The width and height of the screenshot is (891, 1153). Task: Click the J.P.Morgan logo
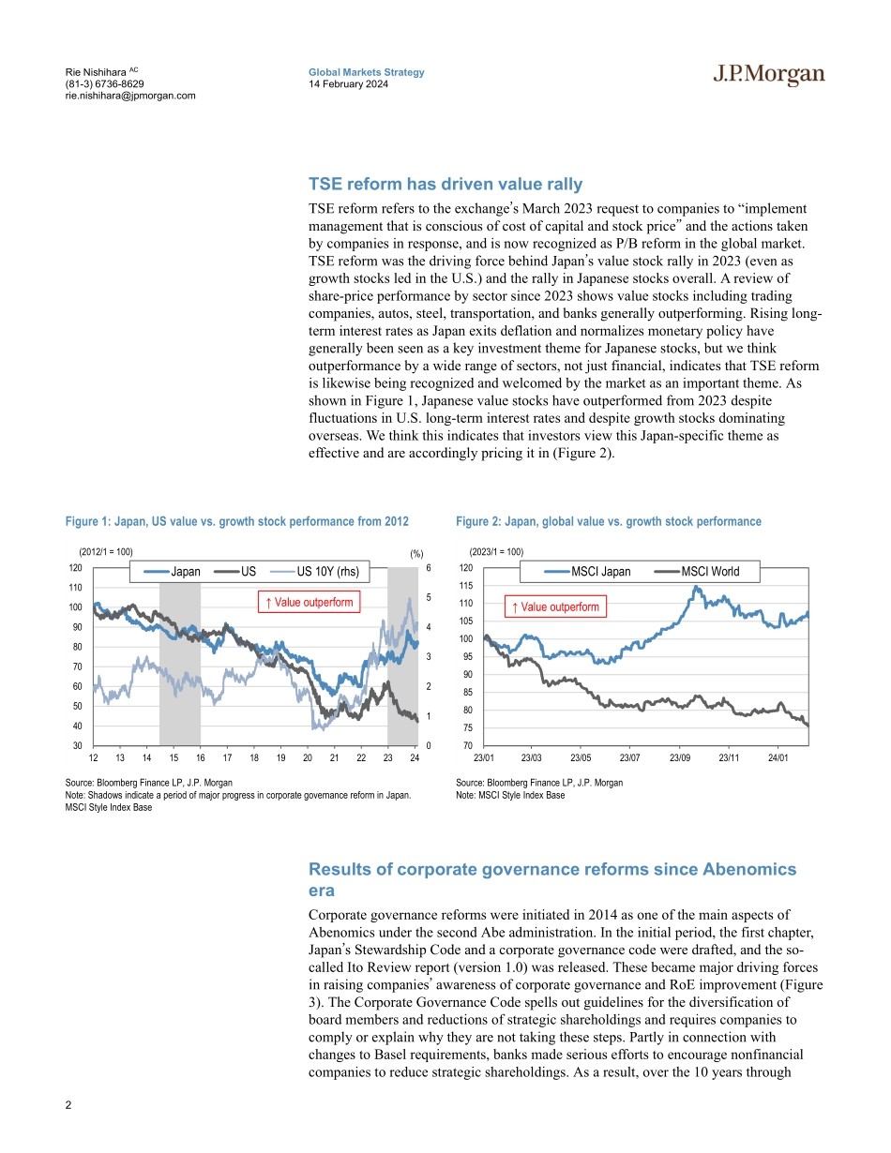[x=768, y=76]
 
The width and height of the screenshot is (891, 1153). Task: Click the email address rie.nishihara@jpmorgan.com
[x=130, y=96]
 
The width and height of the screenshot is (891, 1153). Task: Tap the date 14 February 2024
[x=349, y=84]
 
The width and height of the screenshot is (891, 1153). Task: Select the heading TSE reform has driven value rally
[x=445, y=185]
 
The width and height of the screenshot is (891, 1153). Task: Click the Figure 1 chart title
[x=237, y=521]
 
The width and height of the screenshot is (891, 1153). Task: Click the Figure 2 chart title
[x=609, y=521]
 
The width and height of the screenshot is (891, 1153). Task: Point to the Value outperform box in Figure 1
[x=309, y=602]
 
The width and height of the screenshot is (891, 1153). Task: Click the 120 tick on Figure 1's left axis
[x=73, y=568]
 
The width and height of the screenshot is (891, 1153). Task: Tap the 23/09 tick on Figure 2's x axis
[x=679, y=757]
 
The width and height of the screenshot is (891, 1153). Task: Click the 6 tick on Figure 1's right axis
[x=428, y=568]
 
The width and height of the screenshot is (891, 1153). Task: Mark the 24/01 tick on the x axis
[x=778, y=757]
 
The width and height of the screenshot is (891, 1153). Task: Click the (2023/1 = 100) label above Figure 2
[x=496, y=552]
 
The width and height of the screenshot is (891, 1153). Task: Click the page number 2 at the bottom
[x=68, y=1105]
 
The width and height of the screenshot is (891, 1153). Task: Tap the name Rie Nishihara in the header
[x=95, y=72]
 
